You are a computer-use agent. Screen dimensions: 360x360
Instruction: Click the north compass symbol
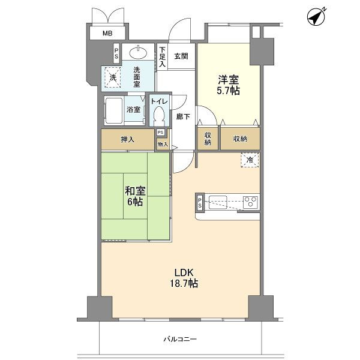coord(316,17)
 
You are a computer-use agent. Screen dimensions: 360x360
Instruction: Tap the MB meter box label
coord(107,34)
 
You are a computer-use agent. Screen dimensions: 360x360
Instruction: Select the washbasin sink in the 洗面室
coord(138,53)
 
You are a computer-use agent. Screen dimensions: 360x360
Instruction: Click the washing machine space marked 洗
coord(113,77)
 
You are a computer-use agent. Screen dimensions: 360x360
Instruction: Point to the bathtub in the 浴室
coord(114,111)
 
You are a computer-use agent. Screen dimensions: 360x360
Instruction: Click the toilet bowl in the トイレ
coord(159,115)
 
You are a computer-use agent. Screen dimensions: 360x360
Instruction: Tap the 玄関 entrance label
coord(181,56)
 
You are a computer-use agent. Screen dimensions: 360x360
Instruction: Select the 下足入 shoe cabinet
coord(163,57)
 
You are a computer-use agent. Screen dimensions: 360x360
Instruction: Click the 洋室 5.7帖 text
coord(228,85)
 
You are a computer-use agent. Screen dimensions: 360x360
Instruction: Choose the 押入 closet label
coord(127,139)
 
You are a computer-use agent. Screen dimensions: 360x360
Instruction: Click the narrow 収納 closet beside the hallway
coord(208,139)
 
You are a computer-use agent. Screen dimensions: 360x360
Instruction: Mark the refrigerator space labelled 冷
coord(250,160)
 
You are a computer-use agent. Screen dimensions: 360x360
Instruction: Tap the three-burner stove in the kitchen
coord(251,202)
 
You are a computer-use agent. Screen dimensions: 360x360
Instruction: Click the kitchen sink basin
coord(218,202)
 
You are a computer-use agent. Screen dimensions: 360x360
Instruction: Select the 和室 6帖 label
coord(135,196)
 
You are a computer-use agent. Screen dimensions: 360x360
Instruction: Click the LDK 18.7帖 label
coord(184,278)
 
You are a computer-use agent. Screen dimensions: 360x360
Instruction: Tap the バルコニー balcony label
coord(180,339)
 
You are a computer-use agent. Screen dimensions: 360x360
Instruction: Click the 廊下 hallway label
coord(183,117)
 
